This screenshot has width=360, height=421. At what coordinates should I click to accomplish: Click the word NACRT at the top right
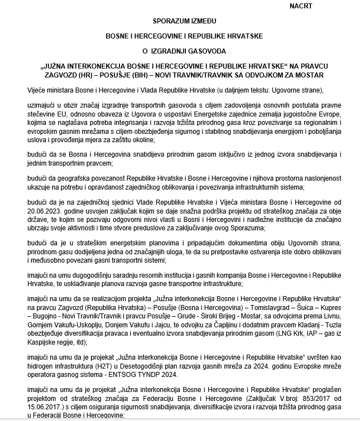point(301,6)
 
